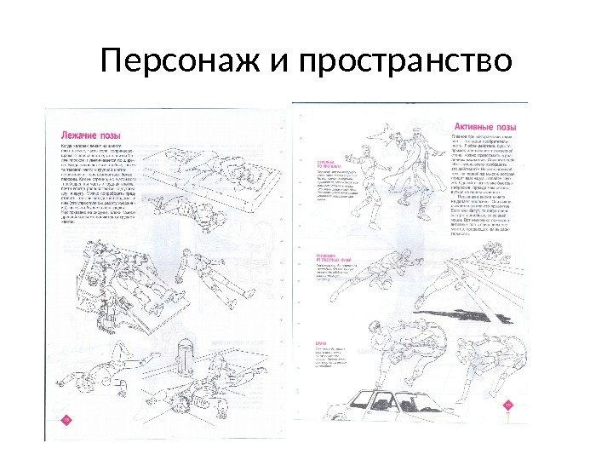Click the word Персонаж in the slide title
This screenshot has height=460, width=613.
tap(175, 61)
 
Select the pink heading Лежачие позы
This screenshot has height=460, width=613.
tap(95, 135)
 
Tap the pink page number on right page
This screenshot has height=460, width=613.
tap(509, 405)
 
